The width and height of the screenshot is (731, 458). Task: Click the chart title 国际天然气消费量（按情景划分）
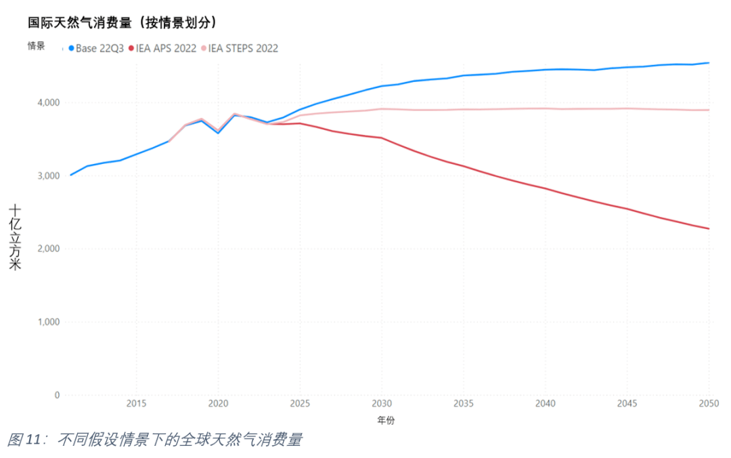[123, 22]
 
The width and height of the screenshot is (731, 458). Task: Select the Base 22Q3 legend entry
[95, 48]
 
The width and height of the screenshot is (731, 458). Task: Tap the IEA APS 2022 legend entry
[162, 48]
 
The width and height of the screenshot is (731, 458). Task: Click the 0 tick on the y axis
[57, 395]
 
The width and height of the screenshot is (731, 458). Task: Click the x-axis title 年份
[386, 420]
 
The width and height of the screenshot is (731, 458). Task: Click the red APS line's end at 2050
[709, 228]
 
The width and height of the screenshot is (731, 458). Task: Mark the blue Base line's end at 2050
[709, 63]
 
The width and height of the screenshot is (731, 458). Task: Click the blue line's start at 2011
[71, 175]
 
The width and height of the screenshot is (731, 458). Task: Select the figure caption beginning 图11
[154, 440]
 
